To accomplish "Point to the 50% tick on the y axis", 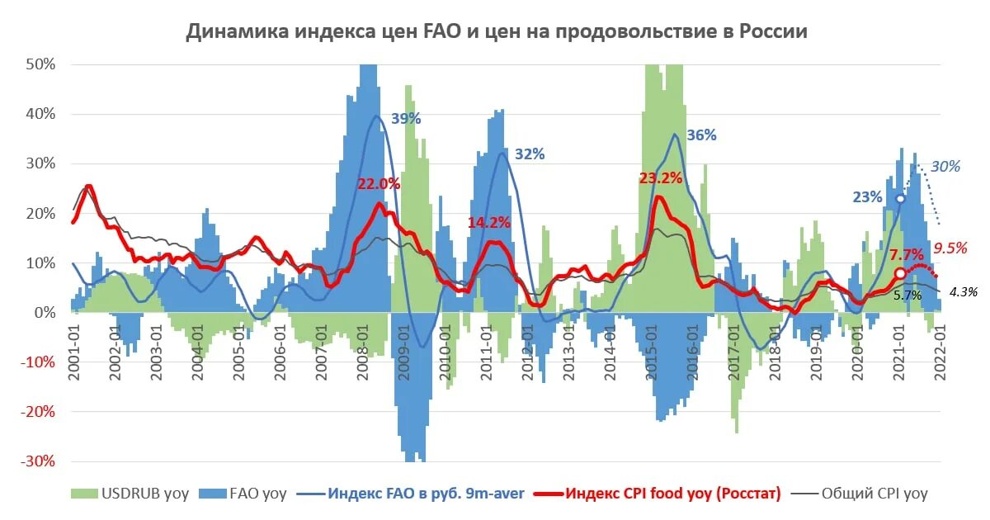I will (40, 64).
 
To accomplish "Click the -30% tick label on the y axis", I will (37, 461).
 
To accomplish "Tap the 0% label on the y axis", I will (44, 313).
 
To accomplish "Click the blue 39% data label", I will (406, 119).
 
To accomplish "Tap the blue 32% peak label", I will (530, 154).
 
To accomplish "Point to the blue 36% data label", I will (701, 135).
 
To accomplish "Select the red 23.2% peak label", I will (661, 177).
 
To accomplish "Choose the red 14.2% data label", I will (489, 222).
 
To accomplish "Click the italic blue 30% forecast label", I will (945, 167).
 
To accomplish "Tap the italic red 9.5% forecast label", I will (949, 247).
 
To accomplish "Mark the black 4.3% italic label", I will (963, 291).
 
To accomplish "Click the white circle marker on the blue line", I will (901, 199).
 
